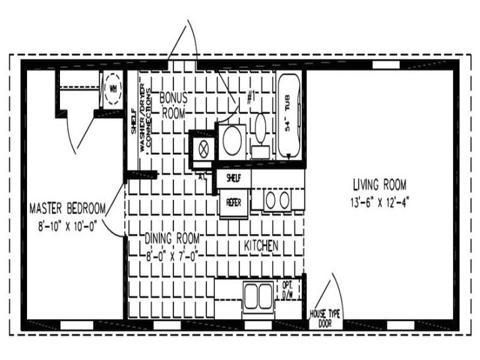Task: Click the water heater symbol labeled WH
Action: coord(112,88)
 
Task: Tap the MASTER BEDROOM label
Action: coord(67,208)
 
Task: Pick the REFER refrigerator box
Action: coord(233,203)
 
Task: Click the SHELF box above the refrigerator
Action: coord(233,178)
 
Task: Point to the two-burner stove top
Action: coord(277,199)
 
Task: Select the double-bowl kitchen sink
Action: coord(257,297)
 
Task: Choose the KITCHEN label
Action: coord(260,245)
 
